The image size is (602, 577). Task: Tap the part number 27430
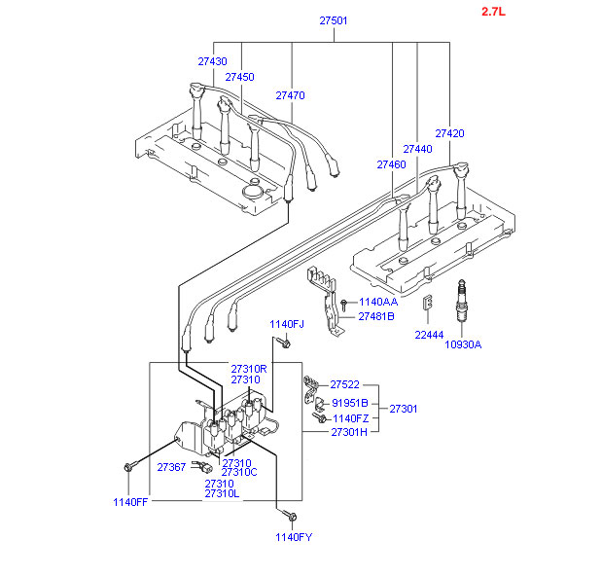212,61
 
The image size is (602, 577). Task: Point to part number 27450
239,77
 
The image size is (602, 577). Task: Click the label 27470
290,95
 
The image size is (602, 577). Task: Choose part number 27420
449,133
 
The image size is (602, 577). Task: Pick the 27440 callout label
417,149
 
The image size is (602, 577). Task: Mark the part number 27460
391,165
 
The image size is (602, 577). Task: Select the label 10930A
463,344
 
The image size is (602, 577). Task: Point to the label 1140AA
377,303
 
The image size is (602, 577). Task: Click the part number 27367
172,467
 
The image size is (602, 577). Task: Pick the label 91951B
349,402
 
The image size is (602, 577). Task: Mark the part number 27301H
349,431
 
